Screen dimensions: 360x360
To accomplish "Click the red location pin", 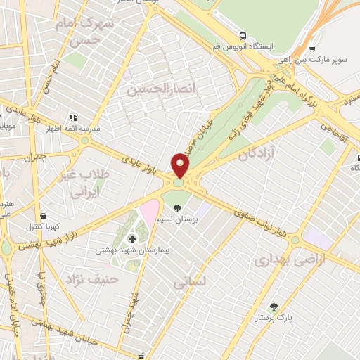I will (x=181, y=165).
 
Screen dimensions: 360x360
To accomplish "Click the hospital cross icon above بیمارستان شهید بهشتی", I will (x=132, y=240).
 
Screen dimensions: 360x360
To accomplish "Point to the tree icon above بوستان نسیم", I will (x=177, y=208).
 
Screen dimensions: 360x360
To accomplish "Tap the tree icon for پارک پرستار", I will (x=274, y=306).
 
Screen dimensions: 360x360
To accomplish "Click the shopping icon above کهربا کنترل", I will (x=45, y=216).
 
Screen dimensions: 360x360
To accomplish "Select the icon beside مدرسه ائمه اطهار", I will (x=72, y=117).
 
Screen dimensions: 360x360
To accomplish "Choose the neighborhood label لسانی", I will (x=188, y=281).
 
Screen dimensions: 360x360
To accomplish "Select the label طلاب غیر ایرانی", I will (x=86, y=181).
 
